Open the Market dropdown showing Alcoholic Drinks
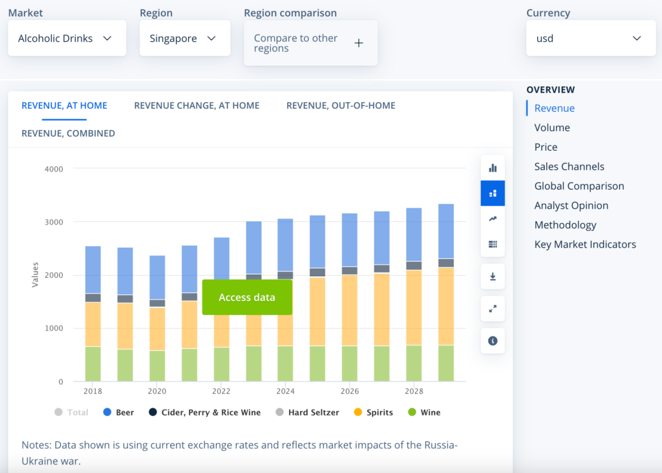tap(67, 38)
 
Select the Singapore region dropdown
tap(185, 38)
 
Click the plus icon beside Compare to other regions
tap(359, 43)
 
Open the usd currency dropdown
tap(591, 38)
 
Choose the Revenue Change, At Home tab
tap(197, 105)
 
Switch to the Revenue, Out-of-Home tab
tap(341, 105)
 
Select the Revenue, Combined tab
tap(69, 133)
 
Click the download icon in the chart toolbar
tap(493, 277)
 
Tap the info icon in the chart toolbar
tap(493, 341)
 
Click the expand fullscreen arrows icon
tap(493, 309)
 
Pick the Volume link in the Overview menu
tap(552, 127)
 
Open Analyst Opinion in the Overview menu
tap(571, 205)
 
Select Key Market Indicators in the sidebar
tap(585, 245)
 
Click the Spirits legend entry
tap(374, 412)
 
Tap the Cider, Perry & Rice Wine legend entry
tap(205, 412)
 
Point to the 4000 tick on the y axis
tap(54, 169)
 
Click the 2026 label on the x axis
tap(350, 391)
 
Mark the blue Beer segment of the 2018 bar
tap(93, 270)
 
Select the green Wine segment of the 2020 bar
tap(157, 366)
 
